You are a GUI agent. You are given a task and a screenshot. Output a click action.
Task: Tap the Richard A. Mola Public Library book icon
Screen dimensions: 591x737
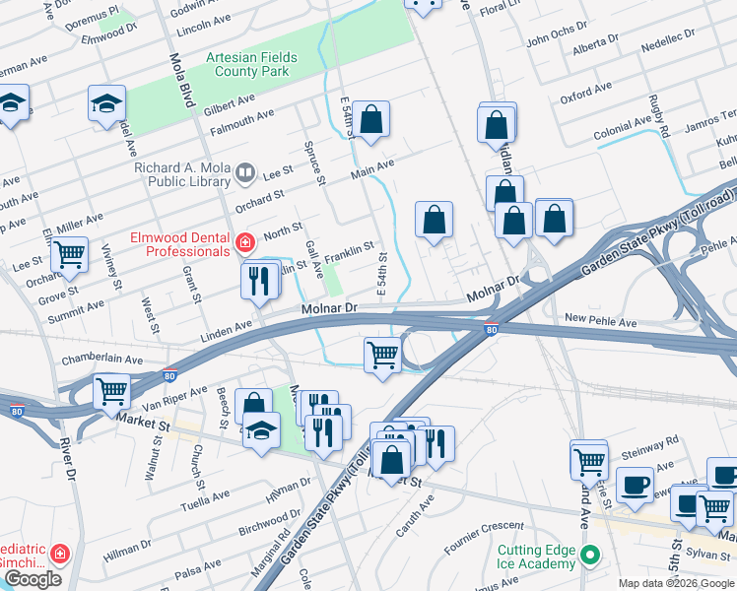coord(244,174)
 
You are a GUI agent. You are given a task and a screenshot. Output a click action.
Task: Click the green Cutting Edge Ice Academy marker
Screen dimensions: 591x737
coord(590,554)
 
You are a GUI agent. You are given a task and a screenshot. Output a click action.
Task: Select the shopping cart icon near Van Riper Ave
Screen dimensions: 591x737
coord(111,391)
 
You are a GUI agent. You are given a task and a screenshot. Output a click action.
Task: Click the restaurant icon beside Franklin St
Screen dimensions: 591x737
coord(254,279)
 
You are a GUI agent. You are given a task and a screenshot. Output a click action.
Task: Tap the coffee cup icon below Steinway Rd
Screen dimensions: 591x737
coord(635,484)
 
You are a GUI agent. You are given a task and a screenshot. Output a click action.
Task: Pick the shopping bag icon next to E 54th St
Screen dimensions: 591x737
coord(371,120)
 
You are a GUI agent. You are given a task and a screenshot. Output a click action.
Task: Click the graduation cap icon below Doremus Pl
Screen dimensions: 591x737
coord(105,103)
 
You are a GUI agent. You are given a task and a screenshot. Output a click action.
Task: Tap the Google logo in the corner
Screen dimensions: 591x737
coord(32,579)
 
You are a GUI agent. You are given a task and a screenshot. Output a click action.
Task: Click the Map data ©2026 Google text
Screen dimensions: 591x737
coord(676,583)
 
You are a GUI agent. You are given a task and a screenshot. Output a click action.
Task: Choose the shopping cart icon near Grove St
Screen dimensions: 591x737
coord(69,254)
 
